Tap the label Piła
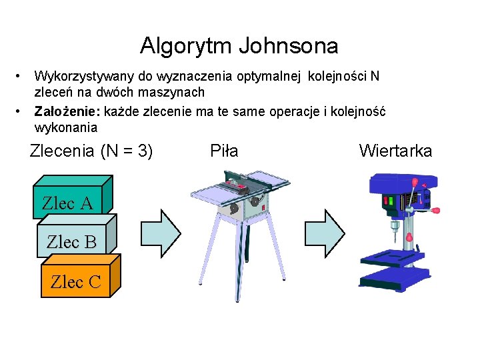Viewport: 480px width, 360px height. [224, 151]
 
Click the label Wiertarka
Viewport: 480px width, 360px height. [395, 151]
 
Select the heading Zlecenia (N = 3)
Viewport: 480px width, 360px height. [91, 151]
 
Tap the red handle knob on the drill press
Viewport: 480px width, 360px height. [436, 211]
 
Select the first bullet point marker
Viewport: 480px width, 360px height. [21, 75]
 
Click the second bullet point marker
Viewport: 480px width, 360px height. [21, 110]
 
